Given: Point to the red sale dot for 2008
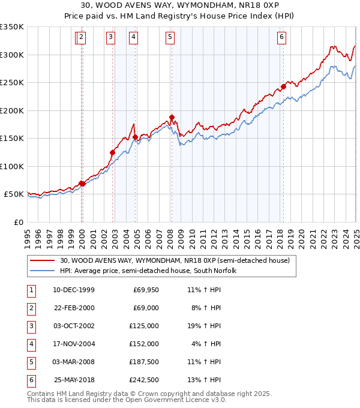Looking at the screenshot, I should point(172,118).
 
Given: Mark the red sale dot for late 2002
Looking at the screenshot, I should point(112,152).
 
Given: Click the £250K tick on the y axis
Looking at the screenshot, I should point(12,82).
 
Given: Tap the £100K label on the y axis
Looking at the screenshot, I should point(12,166).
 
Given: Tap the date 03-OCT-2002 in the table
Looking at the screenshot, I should point(74,326).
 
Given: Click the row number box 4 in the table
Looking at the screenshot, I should point(31,344).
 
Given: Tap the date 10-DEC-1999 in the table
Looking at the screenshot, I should point(74,290).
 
